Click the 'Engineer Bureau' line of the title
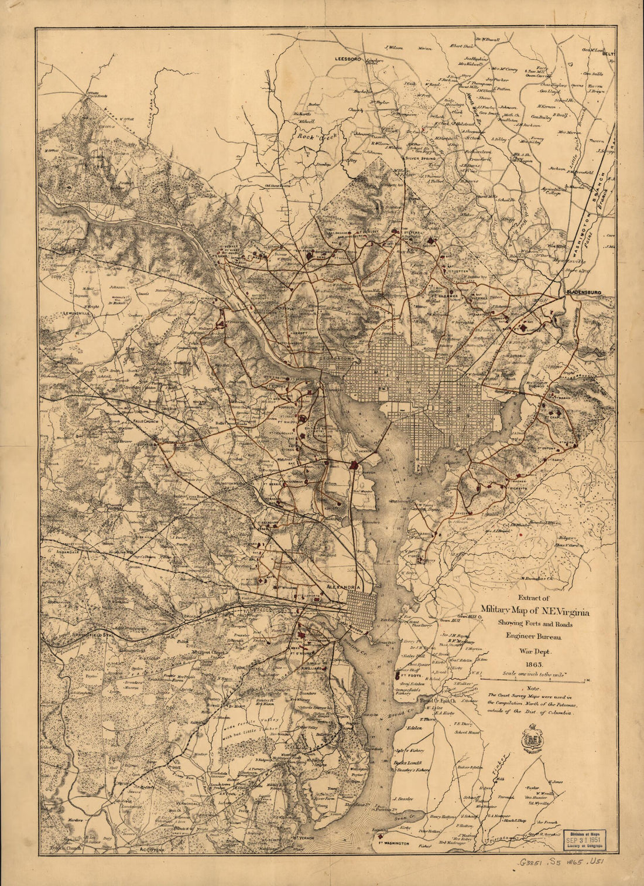[x=533, y=635]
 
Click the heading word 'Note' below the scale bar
[x=533, y=689]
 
